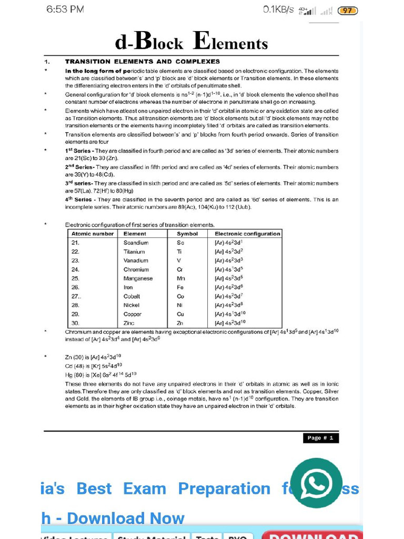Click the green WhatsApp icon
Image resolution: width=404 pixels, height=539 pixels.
point(316,483)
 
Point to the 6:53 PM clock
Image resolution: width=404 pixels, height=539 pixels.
point(65,9)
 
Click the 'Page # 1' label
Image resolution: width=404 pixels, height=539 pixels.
point(321,438)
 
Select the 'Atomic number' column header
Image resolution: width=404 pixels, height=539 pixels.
point(93,234)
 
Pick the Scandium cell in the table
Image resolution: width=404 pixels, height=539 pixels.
point(136,243)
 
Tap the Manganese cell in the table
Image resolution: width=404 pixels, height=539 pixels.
point(138,278)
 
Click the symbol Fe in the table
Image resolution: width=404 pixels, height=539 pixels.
point(180,287)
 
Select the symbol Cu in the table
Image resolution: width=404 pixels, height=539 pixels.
point(180,314)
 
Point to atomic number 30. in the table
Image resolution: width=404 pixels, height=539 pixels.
point(75,323)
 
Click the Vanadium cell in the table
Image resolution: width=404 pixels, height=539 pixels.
point(136,261)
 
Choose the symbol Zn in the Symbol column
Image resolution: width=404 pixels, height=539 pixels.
point(180,323)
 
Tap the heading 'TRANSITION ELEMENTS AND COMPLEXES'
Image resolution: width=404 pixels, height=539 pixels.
point(142,62)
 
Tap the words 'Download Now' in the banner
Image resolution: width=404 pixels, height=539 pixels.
point(126,518)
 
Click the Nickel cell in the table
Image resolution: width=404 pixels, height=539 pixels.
point(132,305)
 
